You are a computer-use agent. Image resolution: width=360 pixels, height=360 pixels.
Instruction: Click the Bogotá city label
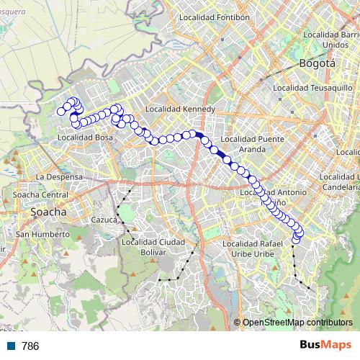(320, 63)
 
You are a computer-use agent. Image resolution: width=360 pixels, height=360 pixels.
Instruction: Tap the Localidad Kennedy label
(180, 109)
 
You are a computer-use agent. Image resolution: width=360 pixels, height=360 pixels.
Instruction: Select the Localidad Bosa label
(85, 137)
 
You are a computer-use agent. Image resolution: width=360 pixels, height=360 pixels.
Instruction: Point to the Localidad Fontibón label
(215, 17)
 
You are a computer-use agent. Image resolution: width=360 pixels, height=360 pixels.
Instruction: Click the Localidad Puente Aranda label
(246, 144)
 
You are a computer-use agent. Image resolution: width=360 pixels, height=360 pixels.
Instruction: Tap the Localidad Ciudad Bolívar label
(154, 247)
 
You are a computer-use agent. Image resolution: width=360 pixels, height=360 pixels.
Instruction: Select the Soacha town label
(48, 212)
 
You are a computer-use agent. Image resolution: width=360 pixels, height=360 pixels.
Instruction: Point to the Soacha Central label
(42, 195)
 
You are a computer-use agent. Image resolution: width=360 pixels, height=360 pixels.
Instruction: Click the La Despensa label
(60, 176)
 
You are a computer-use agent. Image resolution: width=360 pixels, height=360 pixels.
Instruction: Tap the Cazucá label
(105, 220)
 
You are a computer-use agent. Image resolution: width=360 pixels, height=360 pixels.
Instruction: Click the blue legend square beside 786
(10, 346)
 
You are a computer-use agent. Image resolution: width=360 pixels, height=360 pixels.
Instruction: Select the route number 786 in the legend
(30, 346)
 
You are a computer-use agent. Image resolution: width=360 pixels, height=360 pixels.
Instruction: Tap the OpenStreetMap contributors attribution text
(297, 322)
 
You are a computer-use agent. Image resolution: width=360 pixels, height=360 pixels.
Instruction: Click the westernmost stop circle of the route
(60, 112)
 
